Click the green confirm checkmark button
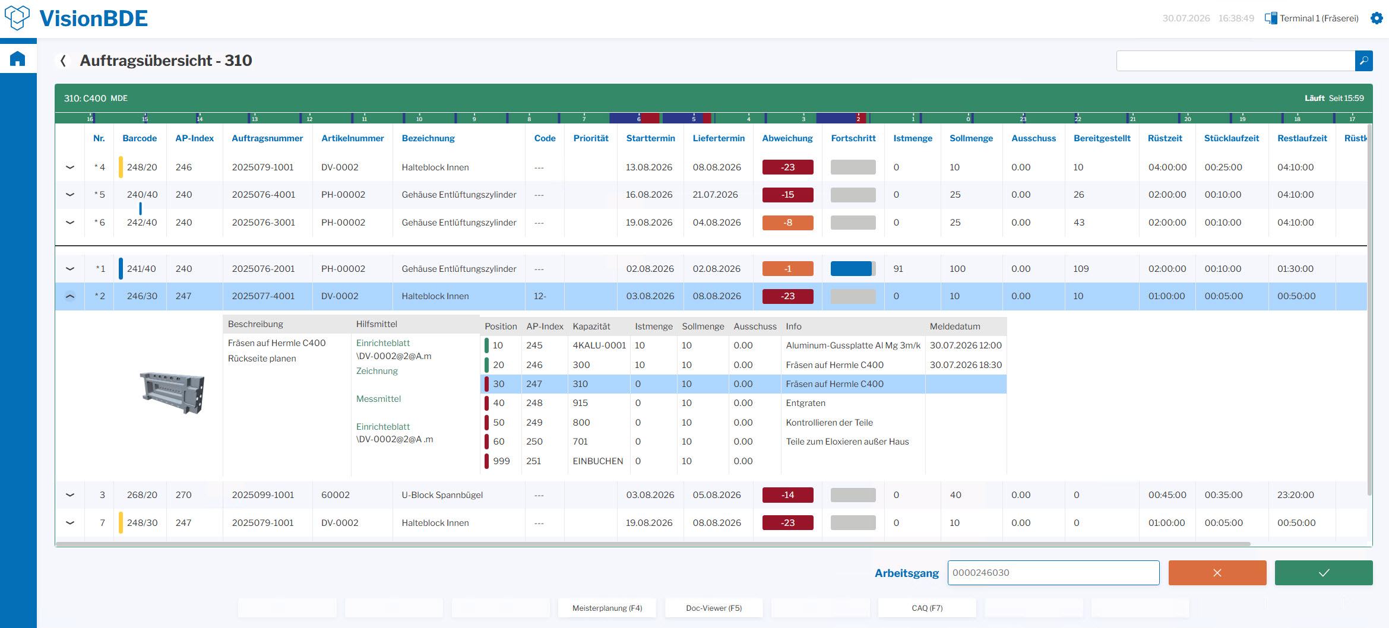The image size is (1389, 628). click(x=1324, y=573)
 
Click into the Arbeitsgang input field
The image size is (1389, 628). click(x=1053, y=573)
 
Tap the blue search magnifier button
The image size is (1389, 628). click(x=1363, y=61)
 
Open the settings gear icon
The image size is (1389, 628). click(x=1377, y=18)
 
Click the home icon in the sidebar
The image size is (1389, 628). click(x=18, y=59)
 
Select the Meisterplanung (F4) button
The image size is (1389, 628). click(x=607, y=608)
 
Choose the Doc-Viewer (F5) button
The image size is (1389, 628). click(x=714, y=608)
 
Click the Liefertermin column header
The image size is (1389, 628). click(x=719, y=138)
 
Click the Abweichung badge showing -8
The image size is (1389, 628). click(x=787, y=223)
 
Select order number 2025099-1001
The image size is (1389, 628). click(x=263, y=495)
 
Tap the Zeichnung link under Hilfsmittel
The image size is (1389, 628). click(x=377, y=371)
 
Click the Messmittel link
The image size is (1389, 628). click(x=378, y=399)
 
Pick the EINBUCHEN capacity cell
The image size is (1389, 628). click(x=597, y=461)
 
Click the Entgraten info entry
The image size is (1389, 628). click(x=805, y=403)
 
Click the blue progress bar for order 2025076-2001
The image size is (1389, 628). click(x=851, y=269)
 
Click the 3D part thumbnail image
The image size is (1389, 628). click(x=172, y=392)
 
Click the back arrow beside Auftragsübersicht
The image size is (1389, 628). click(x=63, y=61)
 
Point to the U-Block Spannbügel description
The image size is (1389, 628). click(x=442, y=495)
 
